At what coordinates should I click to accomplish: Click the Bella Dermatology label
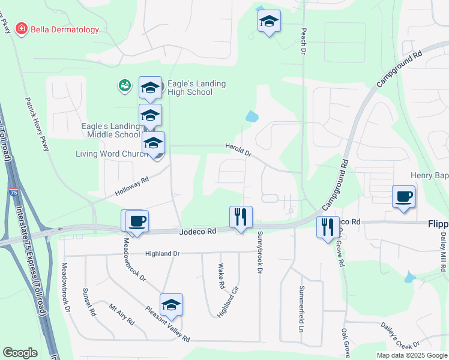coord(65,29)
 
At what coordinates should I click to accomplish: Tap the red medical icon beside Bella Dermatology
coord(22,29)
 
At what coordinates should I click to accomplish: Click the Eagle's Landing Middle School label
coord(110,130)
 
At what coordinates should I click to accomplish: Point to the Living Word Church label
coord(112,154)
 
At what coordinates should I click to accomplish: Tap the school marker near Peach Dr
coord(270,22)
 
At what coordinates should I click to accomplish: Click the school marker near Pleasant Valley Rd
coord(171,305)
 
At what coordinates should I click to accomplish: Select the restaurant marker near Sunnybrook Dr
coord(241,217)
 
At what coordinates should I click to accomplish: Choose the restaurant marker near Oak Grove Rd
coord(328,228)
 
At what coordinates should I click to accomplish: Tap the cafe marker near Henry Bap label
coord(403,197)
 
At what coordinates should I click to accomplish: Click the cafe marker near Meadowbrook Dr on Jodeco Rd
coord(136,221)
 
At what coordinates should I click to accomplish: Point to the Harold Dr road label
coord(238,149)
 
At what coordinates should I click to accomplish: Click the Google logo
coord(20,353)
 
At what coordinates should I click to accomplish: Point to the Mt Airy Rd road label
coord(121,314)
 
